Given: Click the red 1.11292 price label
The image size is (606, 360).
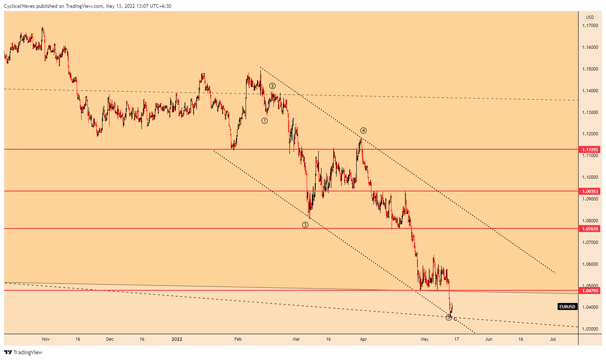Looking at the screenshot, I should coord(590,150).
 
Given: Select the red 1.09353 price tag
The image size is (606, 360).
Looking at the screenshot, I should coord(590,191).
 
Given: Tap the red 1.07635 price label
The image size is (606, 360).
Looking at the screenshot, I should coord(590,229).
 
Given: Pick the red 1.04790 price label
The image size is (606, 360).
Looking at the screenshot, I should coord(590,291).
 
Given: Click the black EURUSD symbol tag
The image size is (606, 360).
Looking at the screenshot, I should coord(567,307).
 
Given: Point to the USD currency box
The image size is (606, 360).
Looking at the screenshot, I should coord(590,17).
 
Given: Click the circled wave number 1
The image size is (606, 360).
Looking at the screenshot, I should coord(265,121).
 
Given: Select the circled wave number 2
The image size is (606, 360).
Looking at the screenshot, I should coord(273,86).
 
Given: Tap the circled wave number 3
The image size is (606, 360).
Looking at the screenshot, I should coord(305,225).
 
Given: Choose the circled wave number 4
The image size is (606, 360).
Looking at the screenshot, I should coord(363,131).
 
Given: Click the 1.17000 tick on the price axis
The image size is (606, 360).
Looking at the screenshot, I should coord(590,26).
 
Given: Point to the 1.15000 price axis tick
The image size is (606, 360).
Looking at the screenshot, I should coord(590,69).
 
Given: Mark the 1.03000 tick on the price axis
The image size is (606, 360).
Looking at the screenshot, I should coord(590,329).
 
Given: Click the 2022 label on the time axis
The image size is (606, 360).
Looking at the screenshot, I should coord(177,339).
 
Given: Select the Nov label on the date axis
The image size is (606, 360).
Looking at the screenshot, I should coord(46,339).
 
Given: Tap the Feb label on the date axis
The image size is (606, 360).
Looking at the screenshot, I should coord(238,339).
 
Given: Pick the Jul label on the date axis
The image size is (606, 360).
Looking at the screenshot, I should coord(553,339).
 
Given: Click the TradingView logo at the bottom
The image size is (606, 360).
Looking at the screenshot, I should coord(24,352).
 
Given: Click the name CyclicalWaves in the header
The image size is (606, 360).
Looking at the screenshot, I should coord(19,6).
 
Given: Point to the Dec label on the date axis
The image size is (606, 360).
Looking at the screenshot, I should coord(110,339).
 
